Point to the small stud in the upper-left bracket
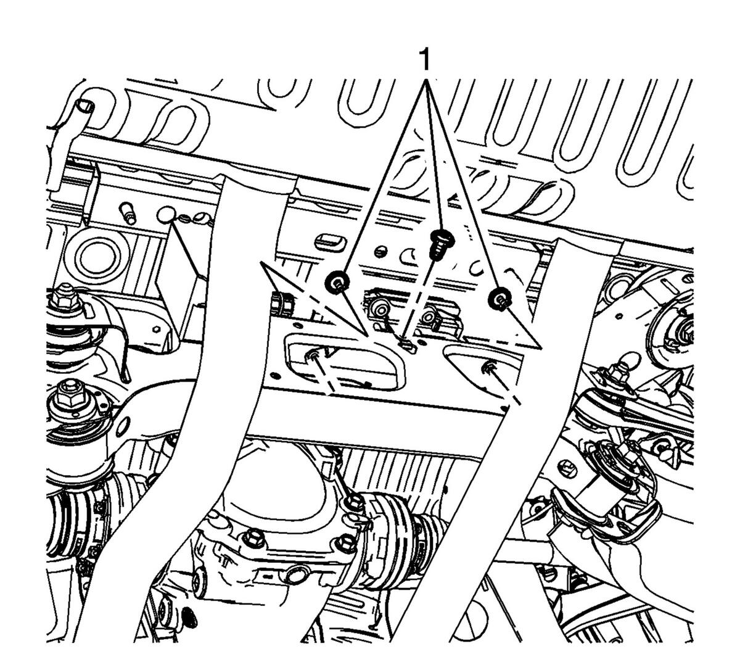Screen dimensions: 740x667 click(x=126, y=213)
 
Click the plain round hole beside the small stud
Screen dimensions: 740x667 click(x=165, y=215)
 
